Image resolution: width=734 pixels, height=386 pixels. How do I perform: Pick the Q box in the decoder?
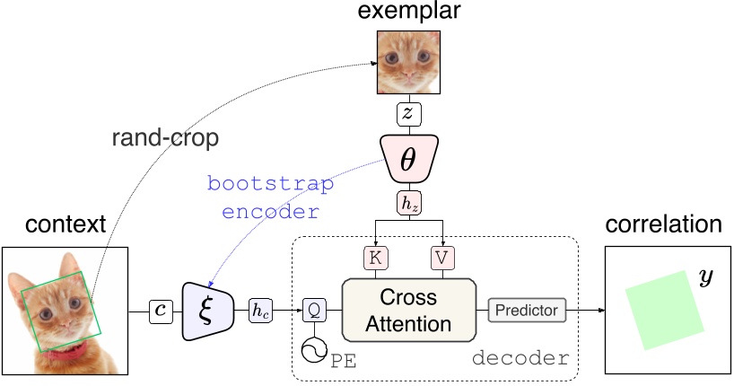[312, 311]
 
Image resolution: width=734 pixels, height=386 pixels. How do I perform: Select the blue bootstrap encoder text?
[270, 198]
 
